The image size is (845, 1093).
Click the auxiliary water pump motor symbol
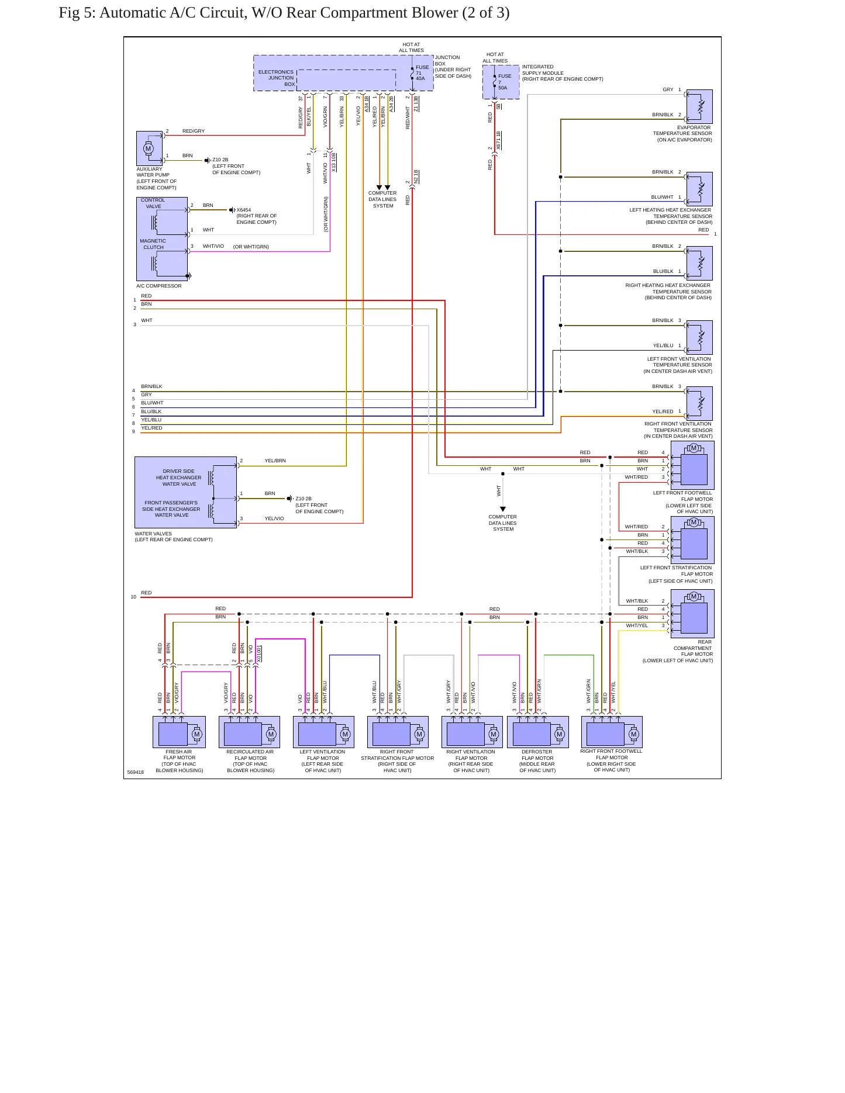point(148,148)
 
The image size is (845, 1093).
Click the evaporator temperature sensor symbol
point(699,106)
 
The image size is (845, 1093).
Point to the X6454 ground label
point(244,210)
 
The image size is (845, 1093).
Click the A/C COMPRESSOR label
point(159,286)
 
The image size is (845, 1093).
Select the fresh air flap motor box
point(179,732)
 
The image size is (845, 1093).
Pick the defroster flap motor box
point(537,732)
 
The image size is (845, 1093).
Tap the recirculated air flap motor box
point(250,732)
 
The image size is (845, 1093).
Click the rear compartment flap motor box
point(692,614)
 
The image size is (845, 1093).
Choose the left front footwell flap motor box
point(692,465)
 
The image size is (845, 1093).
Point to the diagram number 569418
point(136,772)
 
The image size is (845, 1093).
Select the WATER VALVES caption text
point(153,534)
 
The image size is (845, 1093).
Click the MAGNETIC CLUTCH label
point(153,244)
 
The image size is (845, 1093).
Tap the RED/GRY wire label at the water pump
point(194,131)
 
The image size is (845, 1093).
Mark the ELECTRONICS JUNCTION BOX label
point(277,78)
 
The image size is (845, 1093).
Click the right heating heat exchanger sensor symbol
point(699,263)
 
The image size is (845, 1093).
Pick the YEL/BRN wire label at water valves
point(275,461)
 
